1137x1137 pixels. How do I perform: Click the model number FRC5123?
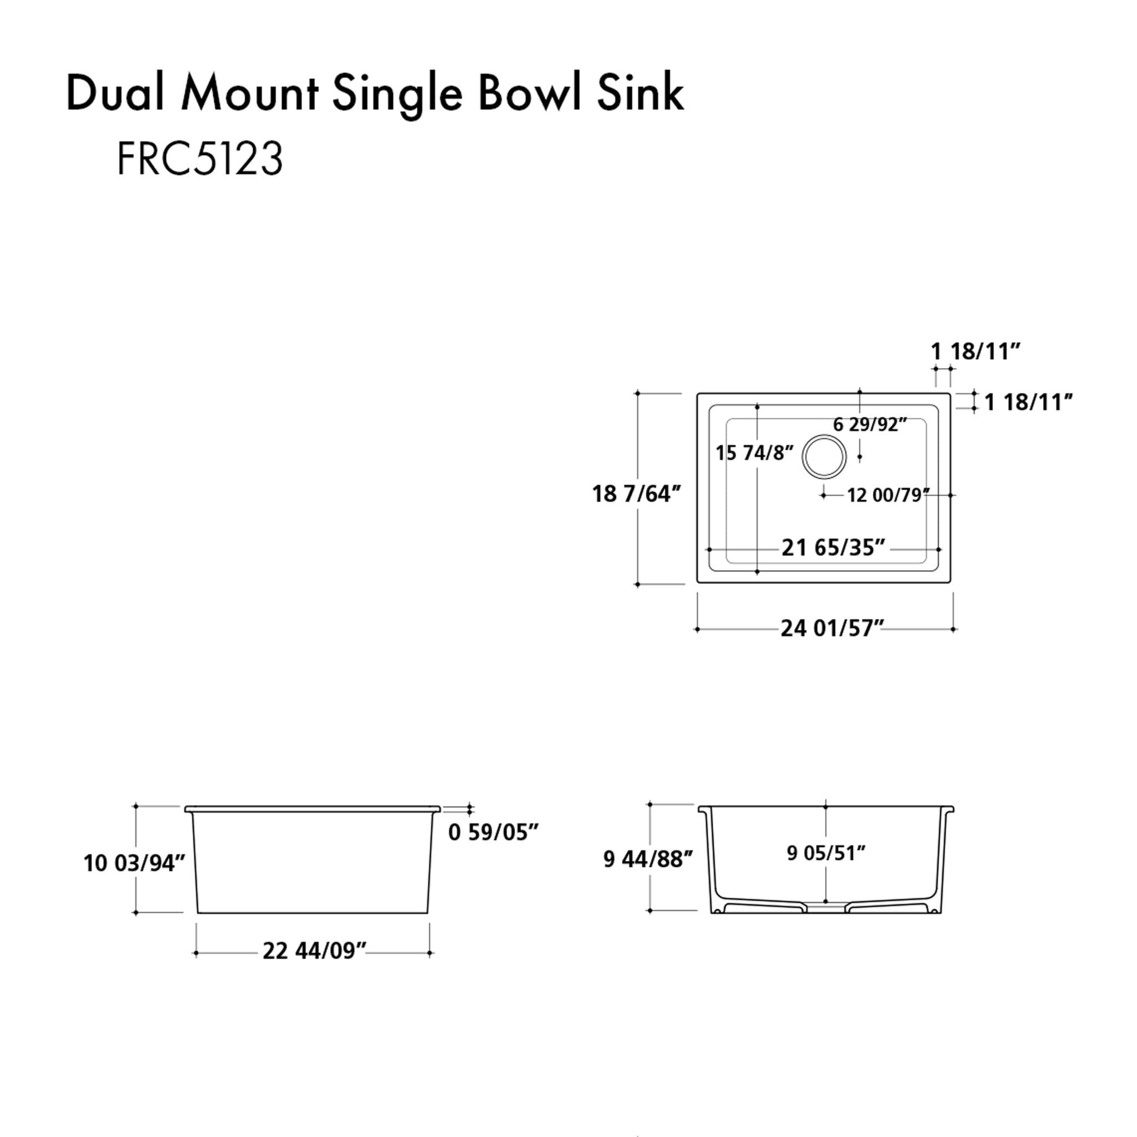click(x=200, y=159)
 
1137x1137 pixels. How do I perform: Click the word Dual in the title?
click(x=115, y=94)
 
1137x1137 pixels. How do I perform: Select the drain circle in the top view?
click(x=824, y=457)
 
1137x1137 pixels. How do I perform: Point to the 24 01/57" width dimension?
click(x=832, y=628)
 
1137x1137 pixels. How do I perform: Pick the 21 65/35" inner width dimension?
click(x=833, y=548)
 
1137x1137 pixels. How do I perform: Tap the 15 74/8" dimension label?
click(x=754, y=452)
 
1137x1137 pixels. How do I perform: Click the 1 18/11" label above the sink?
click(x=974, y=351)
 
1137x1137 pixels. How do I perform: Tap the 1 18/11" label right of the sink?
click(x=1029, y=403)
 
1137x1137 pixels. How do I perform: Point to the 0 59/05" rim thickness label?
click(x=493, y=832)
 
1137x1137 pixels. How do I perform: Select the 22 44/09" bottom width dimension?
click(x=314, y=951)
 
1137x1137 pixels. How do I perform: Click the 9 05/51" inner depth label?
click(x=826, y=853)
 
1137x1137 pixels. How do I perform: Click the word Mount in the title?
click(x=250, y=94)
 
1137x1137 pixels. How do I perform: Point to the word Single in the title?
click(x=398, y=94)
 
